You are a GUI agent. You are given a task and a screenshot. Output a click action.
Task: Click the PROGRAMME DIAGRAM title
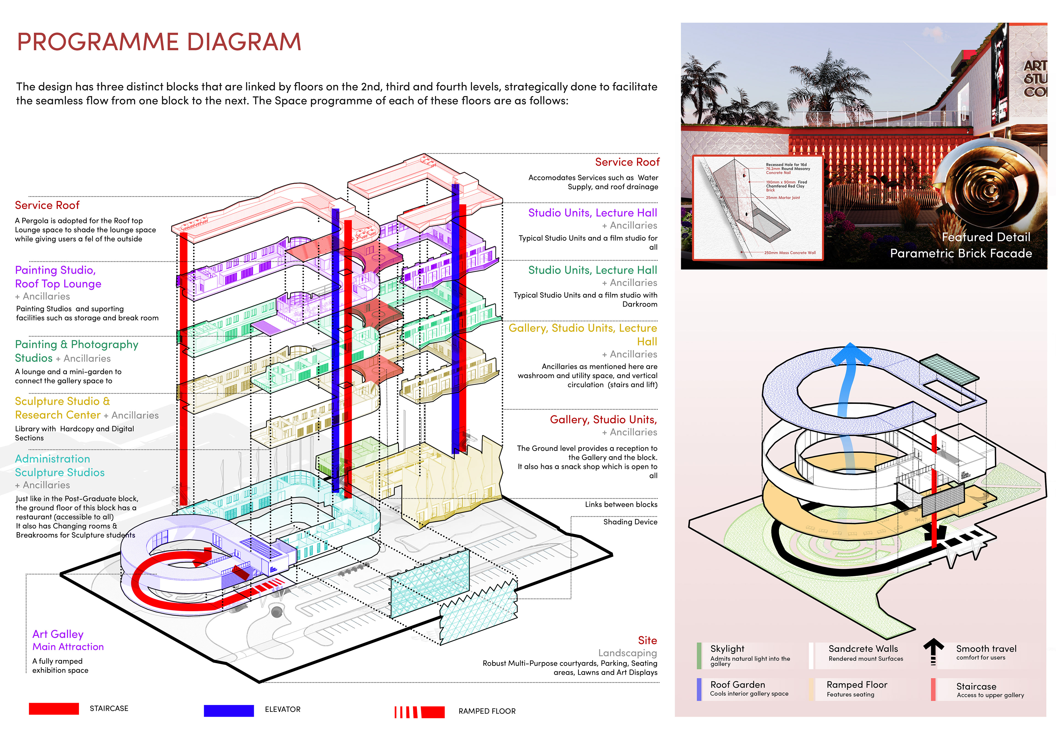coord(159,42)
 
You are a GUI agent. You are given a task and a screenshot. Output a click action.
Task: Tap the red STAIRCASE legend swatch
coord(54,709)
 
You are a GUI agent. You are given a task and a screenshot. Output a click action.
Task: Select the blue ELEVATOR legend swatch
coord(229,710)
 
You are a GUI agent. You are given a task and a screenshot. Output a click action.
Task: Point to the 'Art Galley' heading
coord(58,634)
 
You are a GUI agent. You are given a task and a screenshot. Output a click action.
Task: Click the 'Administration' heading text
coord(52,459)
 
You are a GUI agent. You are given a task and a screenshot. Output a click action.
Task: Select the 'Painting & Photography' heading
coord(76,345)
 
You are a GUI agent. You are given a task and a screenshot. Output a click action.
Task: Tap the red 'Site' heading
coord(647,640)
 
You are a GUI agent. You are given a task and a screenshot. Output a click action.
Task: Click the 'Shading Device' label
coord(630,522)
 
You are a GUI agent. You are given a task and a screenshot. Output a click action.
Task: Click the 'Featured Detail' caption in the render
coord(986,237)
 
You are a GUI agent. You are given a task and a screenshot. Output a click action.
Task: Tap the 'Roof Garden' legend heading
coord(738,684)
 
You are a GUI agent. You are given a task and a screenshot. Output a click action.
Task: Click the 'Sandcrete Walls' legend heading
coord(863,649)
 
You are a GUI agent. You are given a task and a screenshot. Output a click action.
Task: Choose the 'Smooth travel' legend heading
coord(986,649)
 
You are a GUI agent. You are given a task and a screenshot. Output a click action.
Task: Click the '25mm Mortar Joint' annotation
coord(782,198)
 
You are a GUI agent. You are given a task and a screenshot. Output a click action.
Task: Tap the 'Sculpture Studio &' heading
coord(62,401)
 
